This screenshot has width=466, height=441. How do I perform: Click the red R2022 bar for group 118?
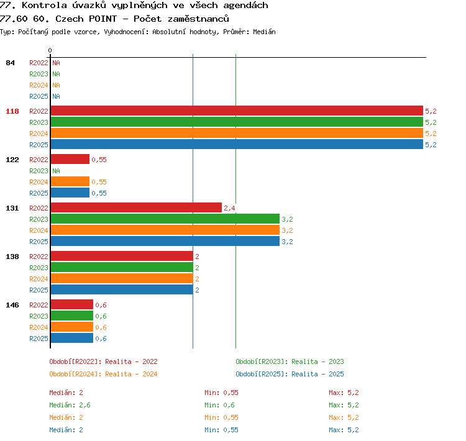click(x=237, y=111)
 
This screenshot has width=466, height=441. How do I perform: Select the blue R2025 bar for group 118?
click(x=237, y=144)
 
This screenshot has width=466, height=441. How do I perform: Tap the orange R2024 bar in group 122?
click(x=70, y=181)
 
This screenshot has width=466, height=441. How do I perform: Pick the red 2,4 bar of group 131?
click(x=136, y=207)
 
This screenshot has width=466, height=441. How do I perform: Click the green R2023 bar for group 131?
click(x=165, y=219)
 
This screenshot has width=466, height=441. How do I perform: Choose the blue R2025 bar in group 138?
click(x=122, y=289)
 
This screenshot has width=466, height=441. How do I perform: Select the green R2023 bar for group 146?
click(x=72, y=316)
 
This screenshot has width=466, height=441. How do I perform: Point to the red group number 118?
click(x=12, y=111)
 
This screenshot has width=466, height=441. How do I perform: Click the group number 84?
click(x=10, y=63)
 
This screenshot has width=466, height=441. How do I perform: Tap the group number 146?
click(x=12, y=305)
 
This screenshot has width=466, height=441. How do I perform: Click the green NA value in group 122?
click(x=56, y=171)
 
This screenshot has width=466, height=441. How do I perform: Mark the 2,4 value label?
click(x=229, y=208)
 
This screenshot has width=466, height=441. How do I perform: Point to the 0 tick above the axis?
click(x=50, y=50)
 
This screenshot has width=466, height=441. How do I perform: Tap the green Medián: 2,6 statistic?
click(x=70, y=405)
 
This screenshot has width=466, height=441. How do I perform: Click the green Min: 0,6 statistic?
click(x=219, y=405)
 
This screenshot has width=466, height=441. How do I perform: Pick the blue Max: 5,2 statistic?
click(x=344, y=430)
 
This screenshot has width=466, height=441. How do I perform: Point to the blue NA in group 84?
click(x=56, y=96)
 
